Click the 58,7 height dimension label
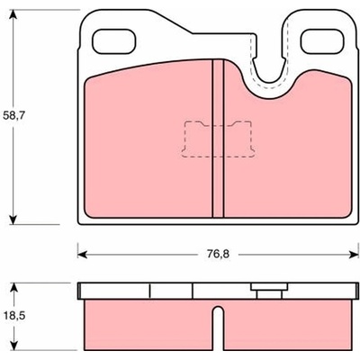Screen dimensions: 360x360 point(13,115)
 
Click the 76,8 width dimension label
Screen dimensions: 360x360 point(218,255)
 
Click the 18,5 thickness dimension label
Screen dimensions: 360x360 point(13,316)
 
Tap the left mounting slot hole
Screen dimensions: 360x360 point(114,41)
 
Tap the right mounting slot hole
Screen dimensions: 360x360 point(323,41)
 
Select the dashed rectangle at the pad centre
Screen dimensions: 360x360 point(218,139)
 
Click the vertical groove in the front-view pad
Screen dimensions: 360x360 point(218,139)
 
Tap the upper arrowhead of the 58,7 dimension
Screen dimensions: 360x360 point(13,13)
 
